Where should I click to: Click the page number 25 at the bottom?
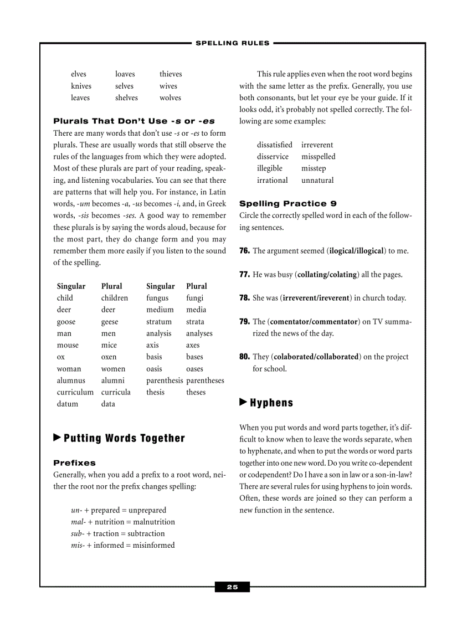point(232,587)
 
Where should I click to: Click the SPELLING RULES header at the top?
point(233,43)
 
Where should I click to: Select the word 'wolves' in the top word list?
point(170,97)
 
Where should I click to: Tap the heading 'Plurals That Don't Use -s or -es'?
point(134,121)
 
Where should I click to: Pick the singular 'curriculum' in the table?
point(75,392)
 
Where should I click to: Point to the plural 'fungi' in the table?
point(194,298)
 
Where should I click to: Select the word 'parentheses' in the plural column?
point(205,381)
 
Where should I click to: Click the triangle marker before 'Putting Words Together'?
point(57,438)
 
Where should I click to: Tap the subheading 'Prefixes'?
point(74,462)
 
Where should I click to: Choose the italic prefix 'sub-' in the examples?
point(77,533)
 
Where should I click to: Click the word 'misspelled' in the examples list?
point(318,157)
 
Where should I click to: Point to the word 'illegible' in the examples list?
point(269,168)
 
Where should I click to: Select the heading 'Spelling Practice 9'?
point(288,203)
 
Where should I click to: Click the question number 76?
point(244,251)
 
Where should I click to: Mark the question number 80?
point(244,357)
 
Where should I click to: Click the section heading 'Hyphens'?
point(271,403)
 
